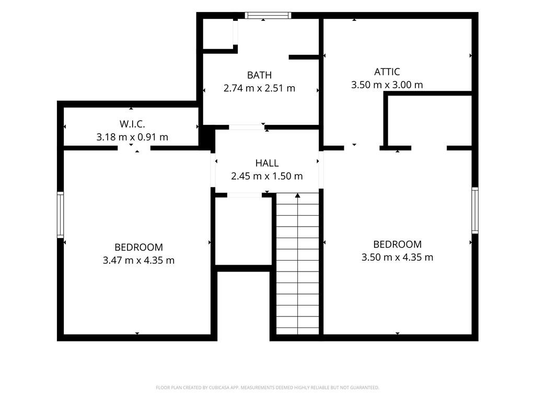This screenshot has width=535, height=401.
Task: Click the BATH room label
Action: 259,75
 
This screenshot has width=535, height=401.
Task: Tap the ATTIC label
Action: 387,72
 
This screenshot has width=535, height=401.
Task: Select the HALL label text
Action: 267,163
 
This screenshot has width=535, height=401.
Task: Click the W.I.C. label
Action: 132,124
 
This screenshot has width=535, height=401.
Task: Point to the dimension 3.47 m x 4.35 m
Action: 138,261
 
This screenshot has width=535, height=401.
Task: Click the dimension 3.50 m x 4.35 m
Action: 397,257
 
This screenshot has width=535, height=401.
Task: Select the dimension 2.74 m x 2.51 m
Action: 259,88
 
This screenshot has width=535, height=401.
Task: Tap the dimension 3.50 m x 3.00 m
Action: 387,85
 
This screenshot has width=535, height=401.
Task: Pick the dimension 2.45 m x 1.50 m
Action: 267,176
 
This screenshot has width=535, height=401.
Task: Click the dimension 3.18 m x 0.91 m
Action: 132,137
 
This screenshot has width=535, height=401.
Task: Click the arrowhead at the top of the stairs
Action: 297,195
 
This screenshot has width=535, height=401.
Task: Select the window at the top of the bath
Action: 268,15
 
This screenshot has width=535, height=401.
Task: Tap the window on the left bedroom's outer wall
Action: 61,215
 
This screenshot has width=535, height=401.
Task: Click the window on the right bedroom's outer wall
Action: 475,210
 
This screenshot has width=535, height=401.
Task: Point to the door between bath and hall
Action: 247,127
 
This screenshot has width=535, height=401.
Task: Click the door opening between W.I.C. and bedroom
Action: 134,148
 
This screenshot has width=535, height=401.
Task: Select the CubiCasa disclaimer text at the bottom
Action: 267,388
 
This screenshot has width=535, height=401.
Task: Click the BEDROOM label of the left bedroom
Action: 138,247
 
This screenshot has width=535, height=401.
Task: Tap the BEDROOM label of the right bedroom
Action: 397,244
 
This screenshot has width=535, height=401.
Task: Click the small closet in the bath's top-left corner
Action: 218,34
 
